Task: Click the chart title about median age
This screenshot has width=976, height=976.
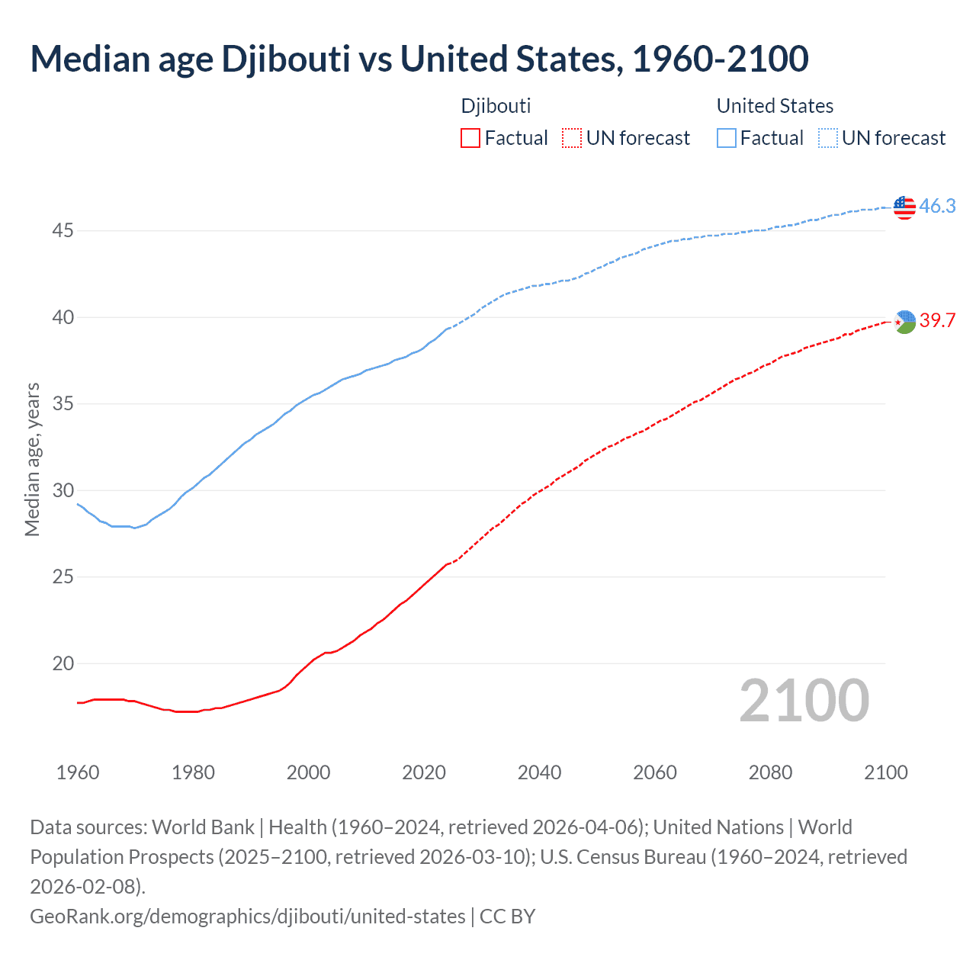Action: (x=419, y=59)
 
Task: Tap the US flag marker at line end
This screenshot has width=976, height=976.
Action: (x=904, y=207)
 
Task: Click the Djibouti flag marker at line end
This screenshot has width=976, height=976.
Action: (x=904, y=322)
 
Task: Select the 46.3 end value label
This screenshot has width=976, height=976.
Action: (x=937, y=207)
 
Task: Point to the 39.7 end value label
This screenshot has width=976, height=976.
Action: (x=937, y=321)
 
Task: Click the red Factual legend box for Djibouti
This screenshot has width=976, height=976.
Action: (x=470, y=138)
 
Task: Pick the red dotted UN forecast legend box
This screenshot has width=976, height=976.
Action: (x=571, y=138)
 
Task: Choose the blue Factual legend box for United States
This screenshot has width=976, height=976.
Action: (x=727, y=138)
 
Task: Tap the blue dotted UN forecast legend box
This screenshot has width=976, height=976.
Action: (x=827, y=138)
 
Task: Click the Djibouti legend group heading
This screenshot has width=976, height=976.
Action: (x=496, y=106)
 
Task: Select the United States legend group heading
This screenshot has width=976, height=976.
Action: (x=775, y=106)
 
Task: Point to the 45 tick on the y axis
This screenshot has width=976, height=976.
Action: (x=63, y=230)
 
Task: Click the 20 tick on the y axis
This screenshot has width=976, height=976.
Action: (x=63, y=663)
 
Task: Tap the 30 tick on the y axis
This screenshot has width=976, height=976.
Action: (x=63, y=490)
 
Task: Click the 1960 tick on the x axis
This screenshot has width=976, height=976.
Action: (x=78, y=772)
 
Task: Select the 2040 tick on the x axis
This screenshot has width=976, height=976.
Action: (x=539, y=772)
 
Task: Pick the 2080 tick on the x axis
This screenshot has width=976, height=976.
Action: (x=770, y=772)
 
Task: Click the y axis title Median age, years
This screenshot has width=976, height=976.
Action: (x=32, y=460)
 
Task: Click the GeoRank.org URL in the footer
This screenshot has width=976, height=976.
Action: (x=247, y=916)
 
